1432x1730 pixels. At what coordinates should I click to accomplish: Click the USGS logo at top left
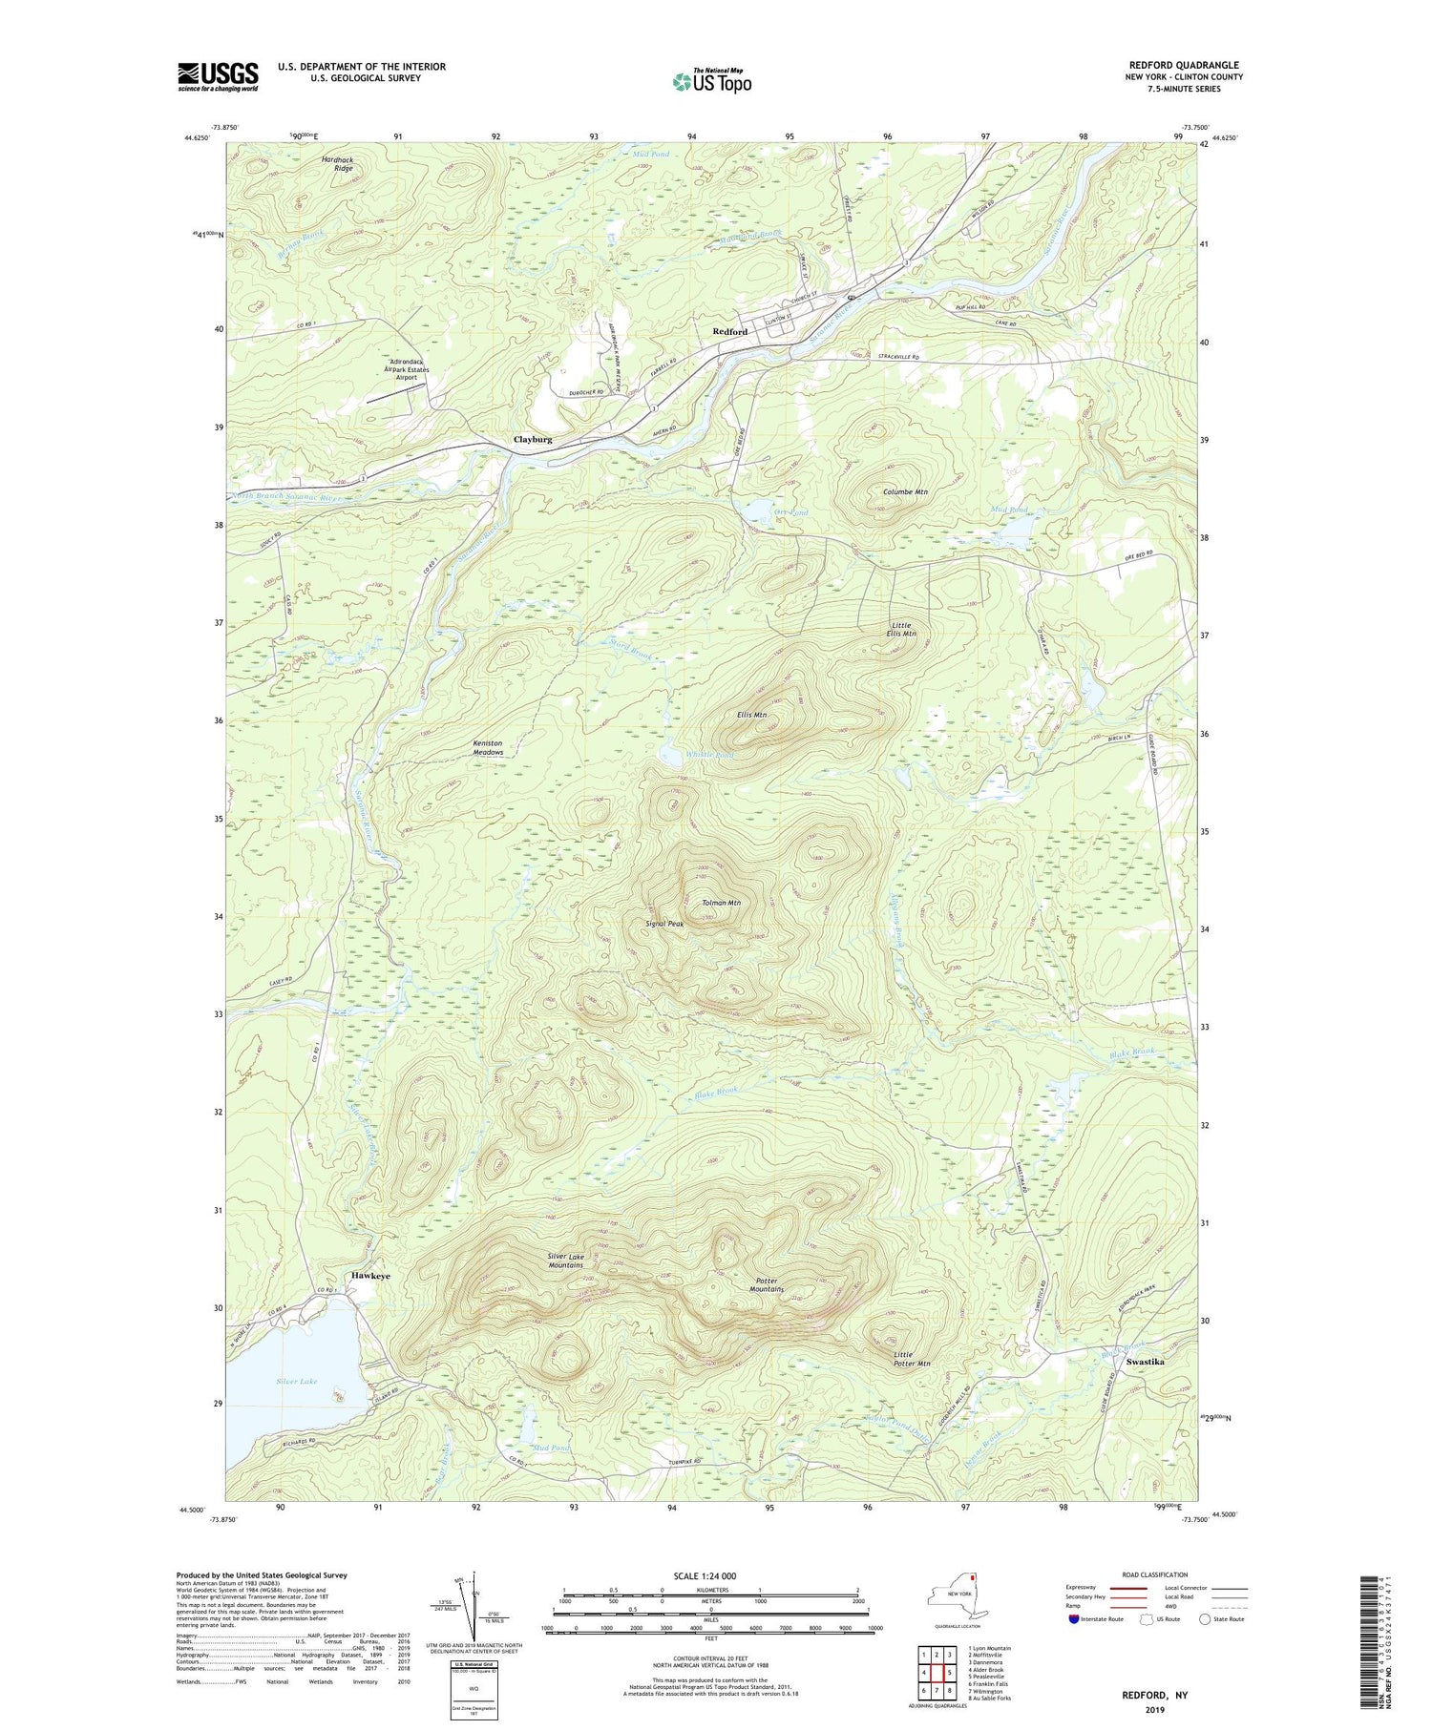tap(218, 77)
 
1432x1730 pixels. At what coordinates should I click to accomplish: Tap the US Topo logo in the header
tap(711, 81)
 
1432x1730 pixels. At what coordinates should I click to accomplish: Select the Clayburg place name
tap(533, 440)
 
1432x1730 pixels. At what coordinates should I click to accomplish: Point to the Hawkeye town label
tap(370, 1276)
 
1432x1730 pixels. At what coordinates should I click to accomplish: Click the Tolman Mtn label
tap(721, 903)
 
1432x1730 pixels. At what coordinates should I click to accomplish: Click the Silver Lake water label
tap(296, 1381)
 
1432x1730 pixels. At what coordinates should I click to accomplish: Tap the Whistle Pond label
tap(710, 755)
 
